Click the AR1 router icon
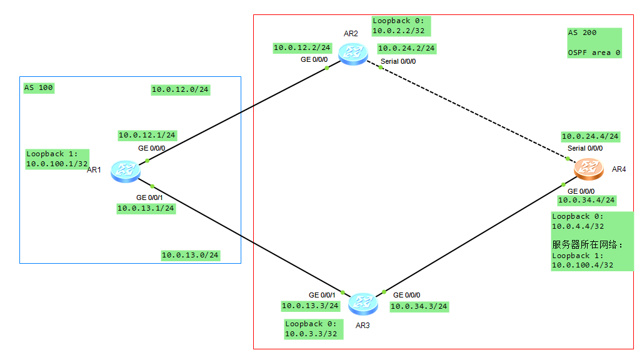(126, 171)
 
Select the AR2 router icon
(353, 54)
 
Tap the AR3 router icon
(363, 304)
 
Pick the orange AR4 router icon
(589, 167)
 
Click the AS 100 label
(39, 87)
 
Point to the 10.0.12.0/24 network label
(180, 89)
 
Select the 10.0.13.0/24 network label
(190, 255)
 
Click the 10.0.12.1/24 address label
(147, 135)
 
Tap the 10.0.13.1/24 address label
(146, 208)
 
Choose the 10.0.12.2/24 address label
(302, 47)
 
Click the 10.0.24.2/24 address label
(406, 48)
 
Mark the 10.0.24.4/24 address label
(590, 136)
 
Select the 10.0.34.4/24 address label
(586, 200)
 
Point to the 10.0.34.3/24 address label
(419, 306)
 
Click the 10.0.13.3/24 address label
(310, 306)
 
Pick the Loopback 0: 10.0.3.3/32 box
(311, 329)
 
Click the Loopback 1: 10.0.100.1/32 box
(57, 159)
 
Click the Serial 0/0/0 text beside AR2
(398, 61)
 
